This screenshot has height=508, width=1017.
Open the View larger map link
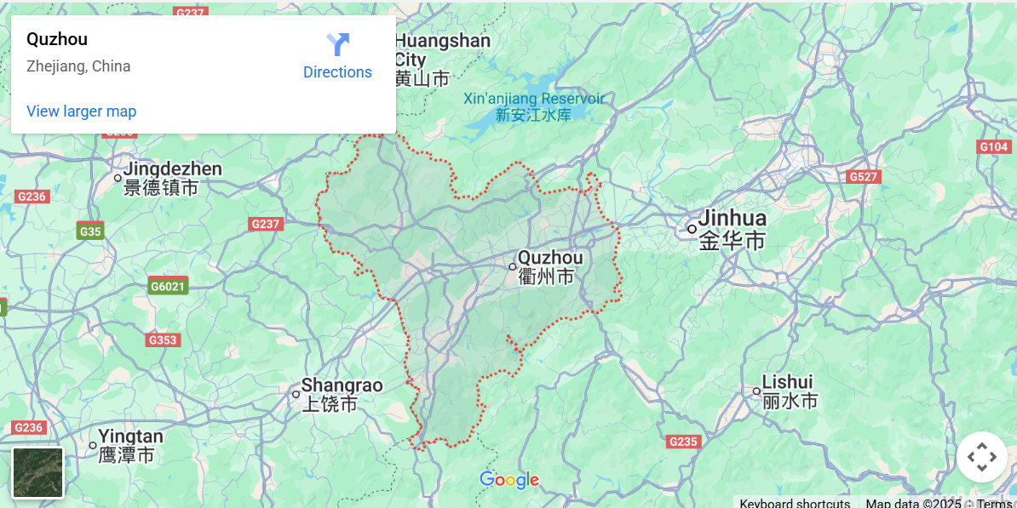81,111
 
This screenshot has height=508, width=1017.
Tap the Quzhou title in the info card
57,39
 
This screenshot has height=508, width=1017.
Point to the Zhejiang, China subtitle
78,66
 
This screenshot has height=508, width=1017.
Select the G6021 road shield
167,287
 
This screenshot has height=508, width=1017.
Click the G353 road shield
163,340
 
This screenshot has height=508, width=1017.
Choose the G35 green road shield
90,231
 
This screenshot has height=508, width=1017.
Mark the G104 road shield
993,147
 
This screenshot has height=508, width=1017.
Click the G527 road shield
863,177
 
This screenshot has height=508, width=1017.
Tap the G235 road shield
683,442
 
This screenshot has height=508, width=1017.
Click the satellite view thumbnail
38,472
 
